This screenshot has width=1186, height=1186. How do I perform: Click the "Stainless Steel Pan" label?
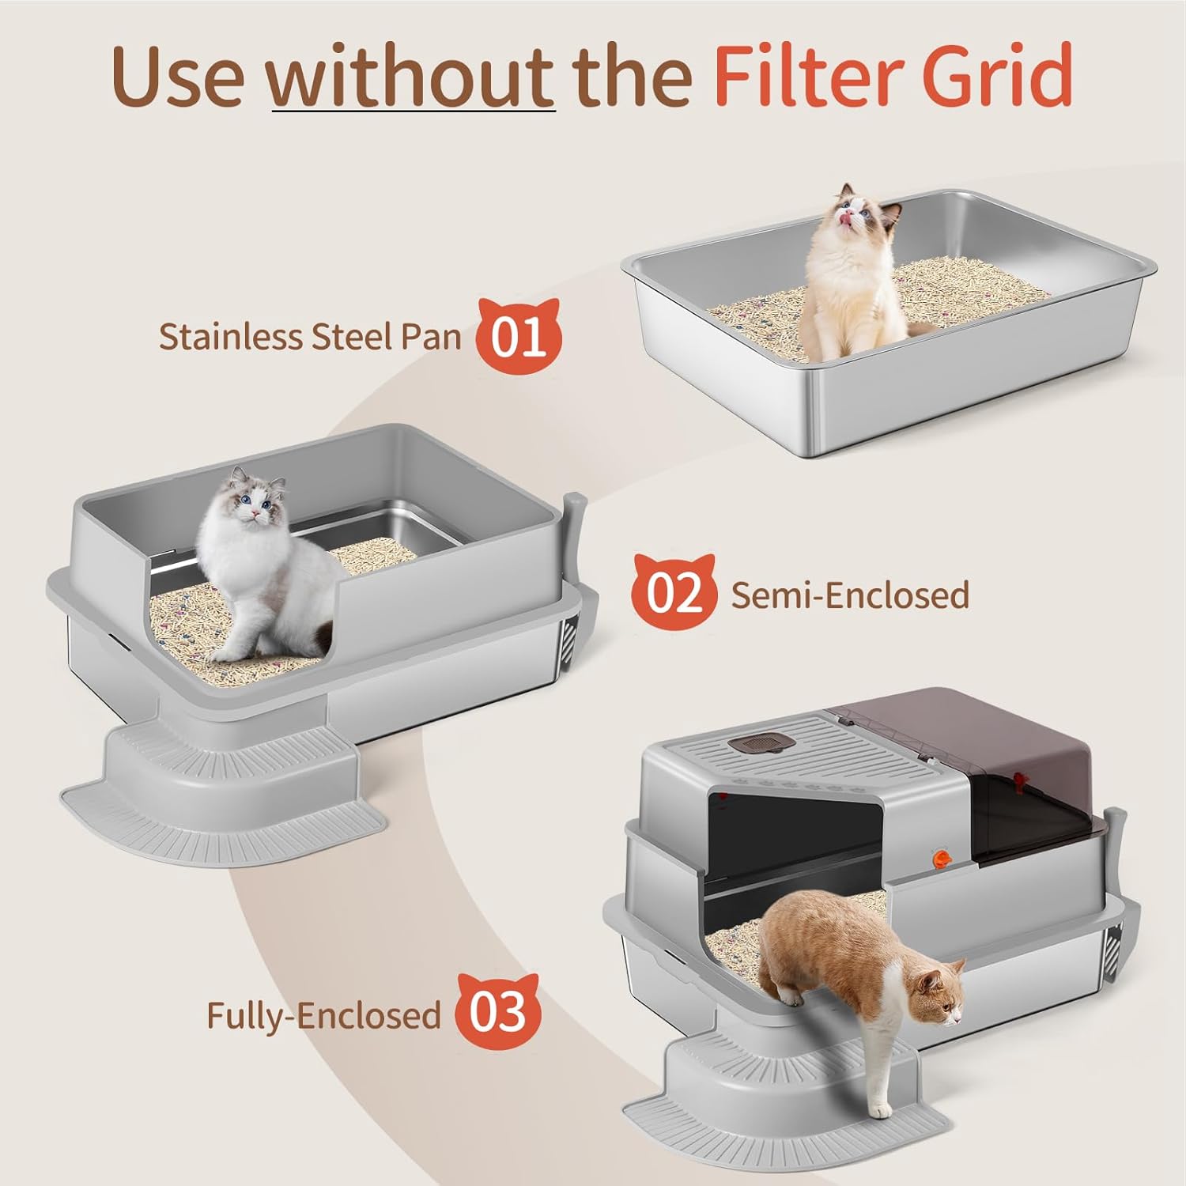click(310, 337)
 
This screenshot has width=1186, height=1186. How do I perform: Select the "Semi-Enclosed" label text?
click(850, 595)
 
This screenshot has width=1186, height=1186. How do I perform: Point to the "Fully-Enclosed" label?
click(323, 1014)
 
